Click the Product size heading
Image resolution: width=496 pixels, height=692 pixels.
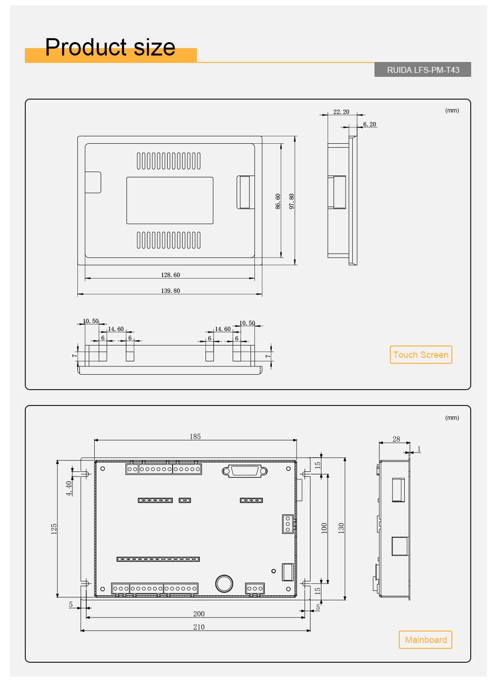[x=110, y=48]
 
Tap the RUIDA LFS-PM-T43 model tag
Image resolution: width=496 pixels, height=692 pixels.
[x=423, y=70]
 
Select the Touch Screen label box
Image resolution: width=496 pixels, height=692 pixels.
[x=421, y=355]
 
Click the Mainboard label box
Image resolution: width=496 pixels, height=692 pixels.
[x=426, y=640]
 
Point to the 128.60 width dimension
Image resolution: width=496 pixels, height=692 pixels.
[x=170, y=275]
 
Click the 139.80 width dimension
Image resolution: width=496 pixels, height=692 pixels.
[x=170, y=291]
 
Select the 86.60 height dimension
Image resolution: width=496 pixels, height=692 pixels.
[x=278, y=201]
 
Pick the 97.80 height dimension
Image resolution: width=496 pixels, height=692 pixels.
[x=292, y=201]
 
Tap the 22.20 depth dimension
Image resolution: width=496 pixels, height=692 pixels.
[x=341, y=112]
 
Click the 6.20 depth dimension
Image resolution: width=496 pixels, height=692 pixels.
[x=370, y=124]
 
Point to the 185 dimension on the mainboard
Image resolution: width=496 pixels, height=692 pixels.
[x=195, y=437]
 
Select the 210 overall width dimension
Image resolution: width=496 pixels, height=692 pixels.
[x=199, y=627]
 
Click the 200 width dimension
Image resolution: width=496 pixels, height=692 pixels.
[x=199, y=614]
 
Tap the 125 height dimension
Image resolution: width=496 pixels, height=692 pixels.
[x=54, y=528]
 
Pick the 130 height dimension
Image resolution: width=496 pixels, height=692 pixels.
[x=341, y=528]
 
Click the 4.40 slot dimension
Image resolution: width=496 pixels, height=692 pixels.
[x=69, y=488]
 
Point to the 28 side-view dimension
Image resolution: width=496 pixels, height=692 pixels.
[x=396, y=439]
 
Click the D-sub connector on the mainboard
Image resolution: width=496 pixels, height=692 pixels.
[x=245, y=471]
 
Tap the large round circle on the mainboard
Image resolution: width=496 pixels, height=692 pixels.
[x=224, y=583]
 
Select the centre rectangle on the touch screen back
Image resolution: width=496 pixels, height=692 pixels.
[x=170, y=200]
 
